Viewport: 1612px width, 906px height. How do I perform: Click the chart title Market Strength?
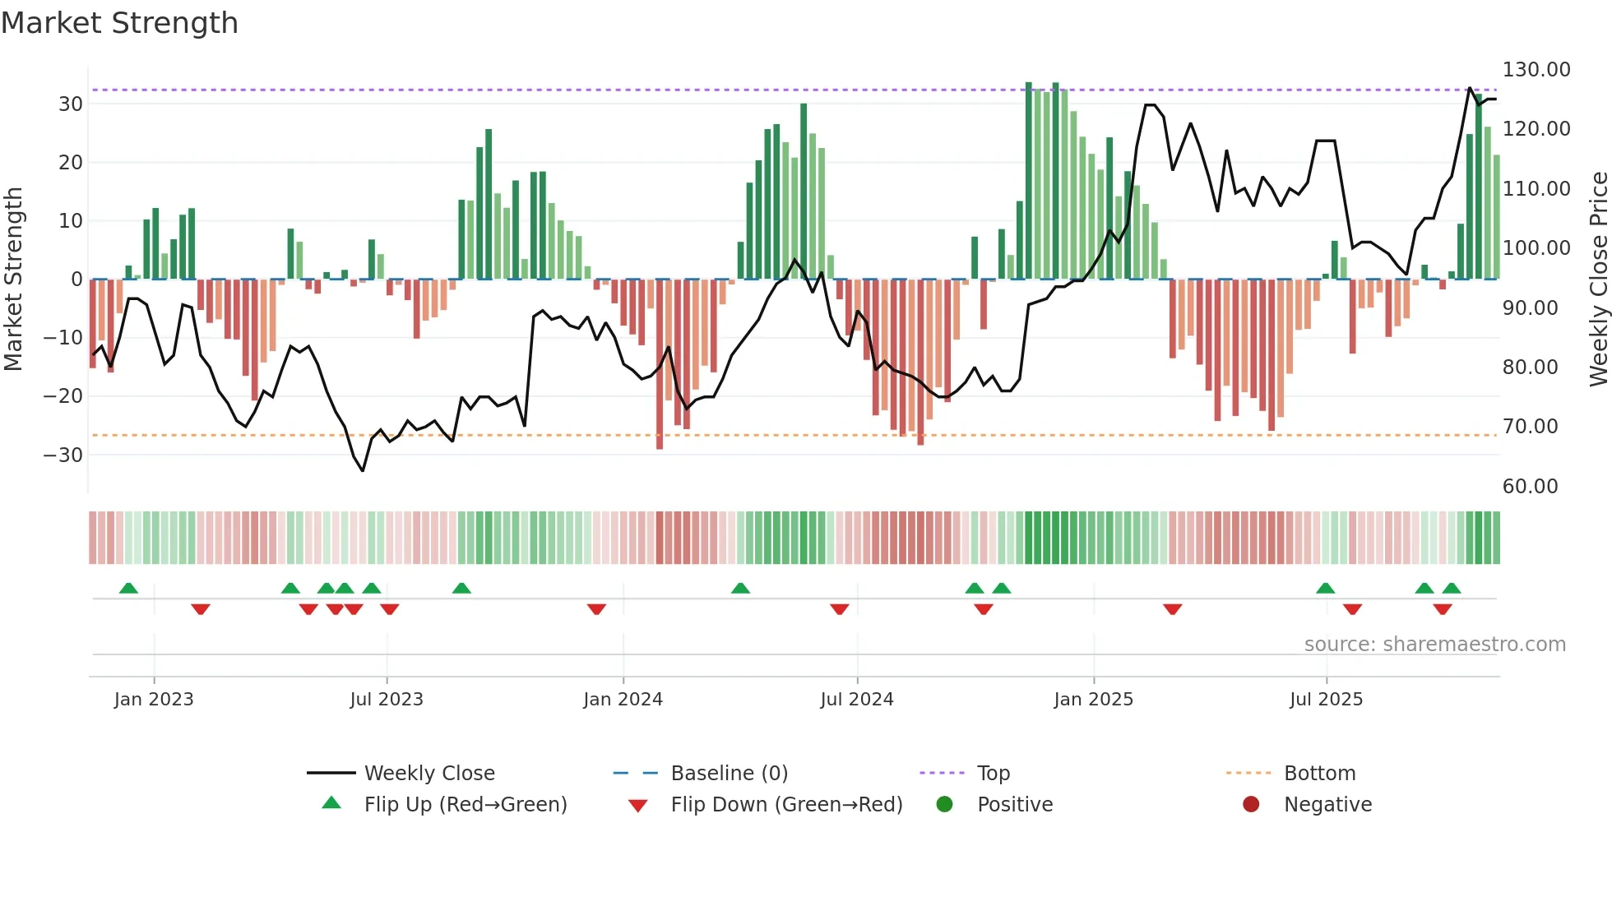tap(119, 23)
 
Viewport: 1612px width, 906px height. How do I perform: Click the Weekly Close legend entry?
tap(429, 774)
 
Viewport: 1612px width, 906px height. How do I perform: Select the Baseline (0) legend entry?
tap(729, 774)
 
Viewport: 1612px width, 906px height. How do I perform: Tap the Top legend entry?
tap(993, 774)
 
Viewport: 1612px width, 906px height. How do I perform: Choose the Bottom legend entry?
tap(1319, 774)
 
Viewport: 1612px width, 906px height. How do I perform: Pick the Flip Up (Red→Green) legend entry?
tap(466, 805)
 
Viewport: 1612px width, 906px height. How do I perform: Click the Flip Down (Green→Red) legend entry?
tap(786, 805)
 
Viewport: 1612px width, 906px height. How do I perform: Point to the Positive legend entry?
tap(1014, 805)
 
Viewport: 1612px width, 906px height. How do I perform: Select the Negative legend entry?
tap(1327, 805)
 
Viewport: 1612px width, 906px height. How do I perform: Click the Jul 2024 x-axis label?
tap(856, 700)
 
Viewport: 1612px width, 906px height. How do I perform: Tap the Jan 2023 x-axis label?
tap(154, 700)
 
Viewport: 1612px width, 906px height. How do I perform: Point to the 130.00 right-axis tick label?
tap(1536, 70)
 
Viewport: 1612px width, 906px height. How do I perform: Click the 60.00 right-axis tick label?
tap(1530, 487)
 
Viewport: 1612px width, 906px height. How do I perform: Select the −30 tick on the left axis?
tap(63, 455)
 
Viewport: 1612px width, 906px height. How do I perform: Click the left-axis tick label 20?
tap(71, 163)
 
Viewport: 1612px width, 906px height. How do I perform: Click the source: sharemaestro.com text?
tap(1434, 645)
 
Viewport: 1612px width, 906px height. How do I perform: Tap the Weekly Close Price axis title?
tap(1598, 280)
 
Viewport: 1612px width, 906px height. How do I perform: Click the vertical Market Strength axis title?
tap(14, 280)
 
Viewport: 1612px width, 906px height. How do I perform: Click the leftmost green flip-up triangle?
tap(128, 588)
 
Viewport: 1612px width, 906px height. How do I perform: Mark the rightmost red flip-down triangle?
tap(1442, 609)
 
